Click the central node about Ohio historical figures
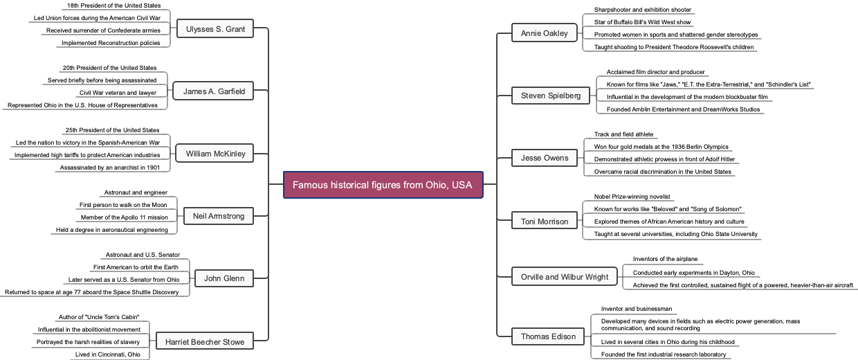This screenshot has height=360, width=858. [383, 185]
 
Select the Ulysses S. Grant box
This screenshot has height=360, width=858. [215, 29]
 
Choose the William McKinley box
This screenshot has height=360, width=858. [215, 154]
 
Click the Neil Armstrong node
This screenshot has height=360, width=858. [219, 216]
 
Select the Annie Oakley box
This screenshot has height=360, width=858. [544, 33]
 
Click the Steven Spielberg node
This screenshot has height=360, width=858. [551, 96]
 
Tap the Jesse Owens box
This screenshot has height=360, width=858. [544, 158]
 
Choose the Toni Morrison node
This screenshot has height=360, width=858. [544, 222]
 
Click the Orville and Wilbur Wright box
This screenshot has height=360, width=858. [565, 277]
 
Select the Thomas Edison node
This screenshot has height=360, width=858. [548, 336]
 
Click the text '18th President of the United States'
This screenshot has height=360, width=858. [114, 6]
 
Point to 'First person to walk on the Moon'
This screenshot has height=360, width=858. [123, 205]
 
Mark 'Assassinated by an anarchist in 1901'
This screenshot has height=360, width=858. [110, 167]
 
